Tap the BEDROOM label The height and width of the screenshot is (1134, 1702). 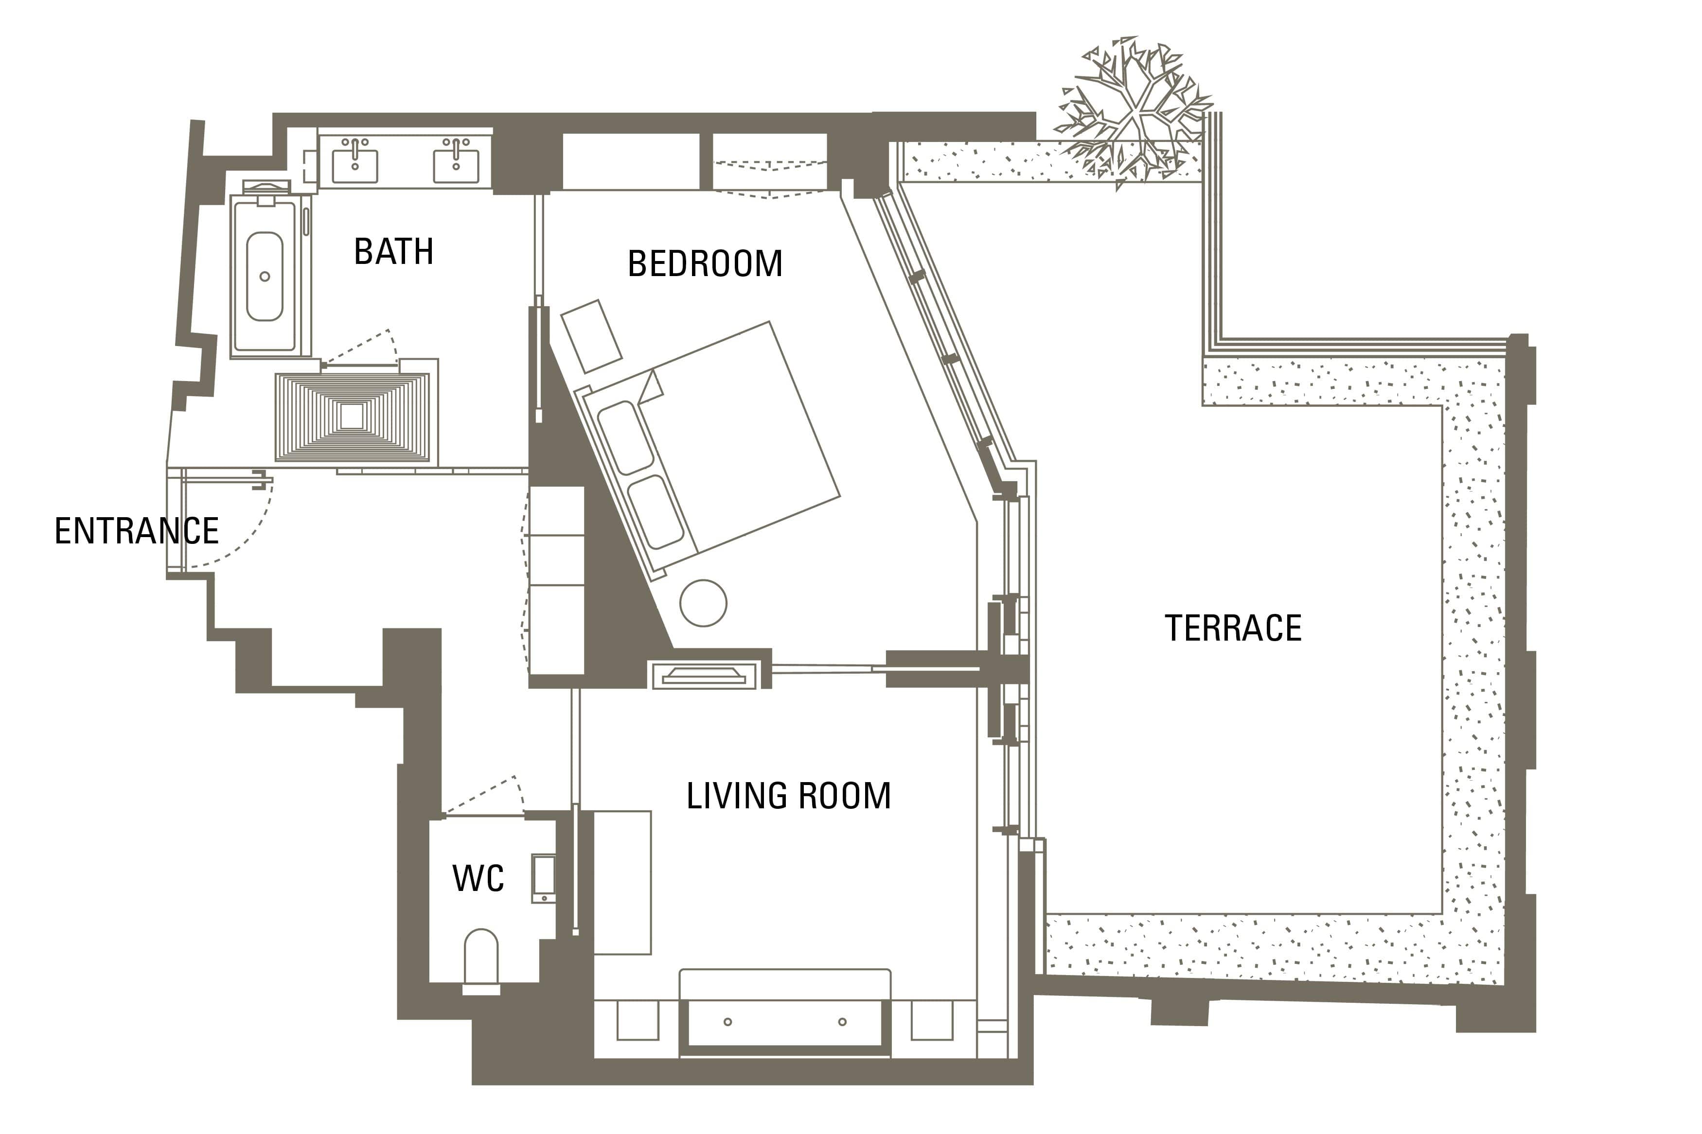pos(705,263)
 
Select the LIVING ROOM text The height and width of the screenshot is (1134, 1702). pos(788,796)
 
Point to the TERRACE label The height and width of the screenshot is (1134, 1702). pos(1233,628)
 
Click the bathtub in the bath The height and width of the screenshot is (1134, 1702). pos(265,276)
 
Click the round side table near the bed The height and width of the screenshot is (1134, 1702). pos(703,603)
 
